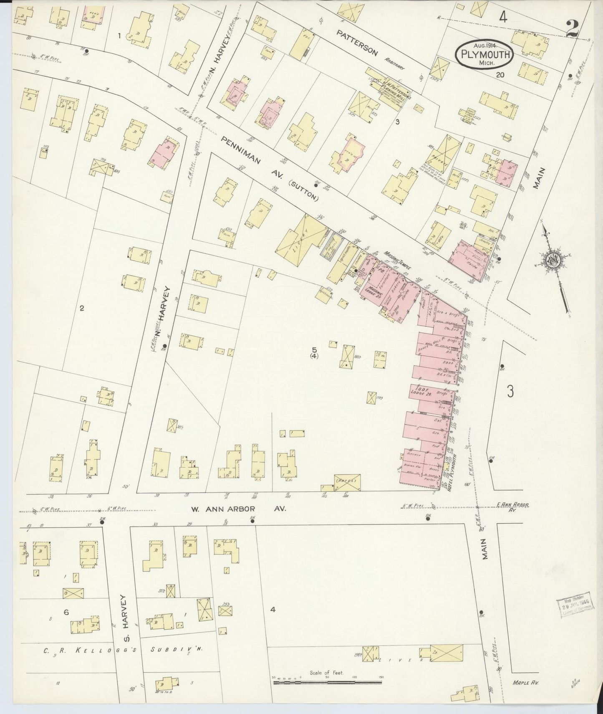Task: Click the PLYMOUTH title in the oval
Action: click(484, 54)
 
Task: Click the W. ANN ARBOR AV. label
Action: click(239, 509)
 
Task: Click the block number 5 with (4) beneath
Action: click(314, 352)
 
